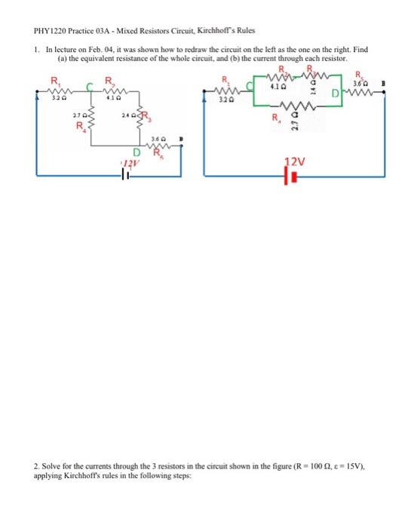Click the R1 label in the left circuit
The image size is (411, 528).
(54, 81)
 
